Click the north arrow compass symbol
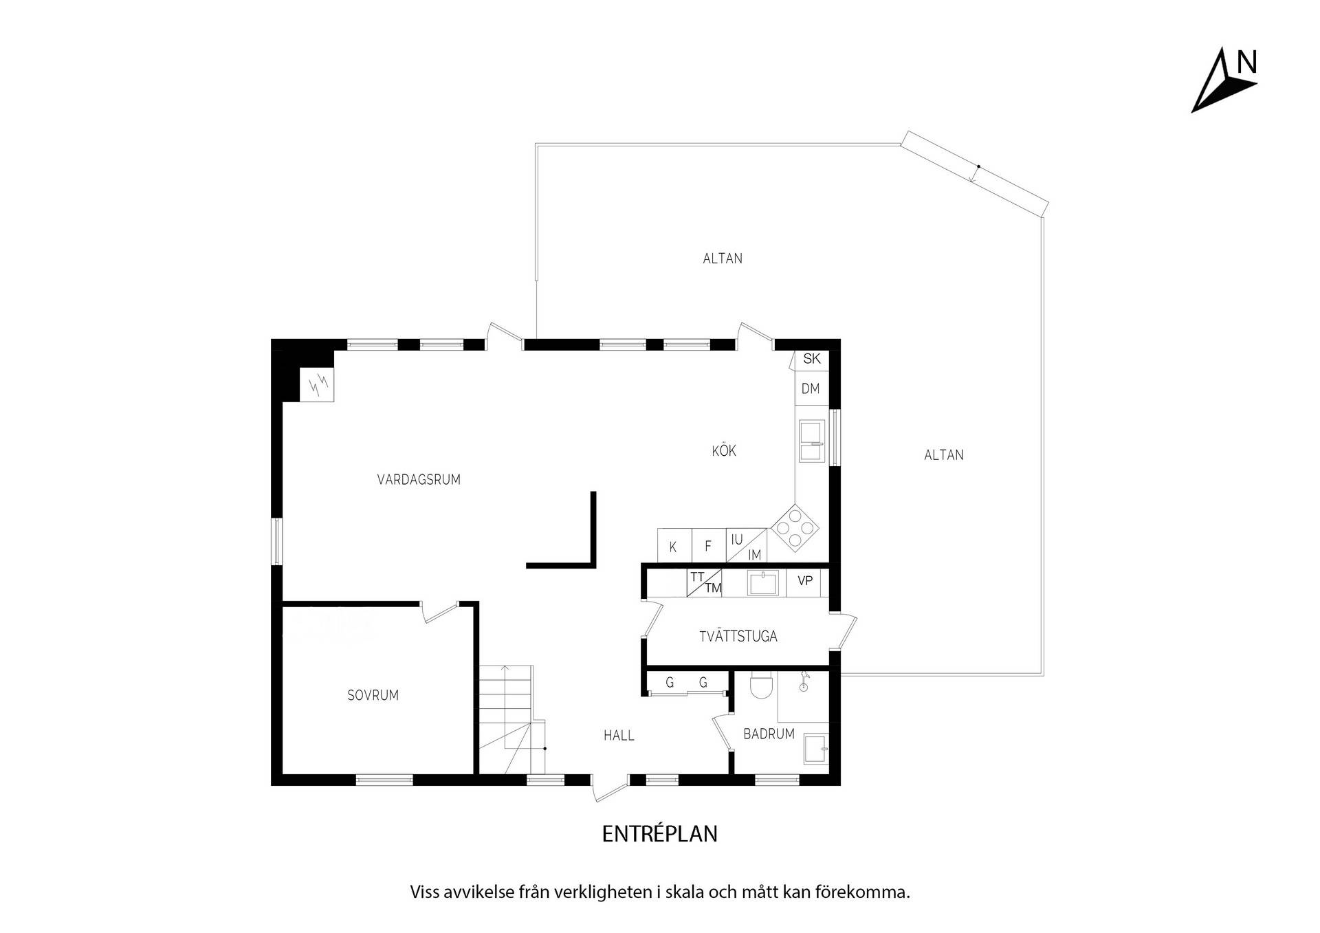pos(1224,80)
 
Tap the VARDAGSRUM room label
pos(419,480)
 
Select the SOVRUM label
pos(373,695)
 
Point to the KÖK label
pos(724,450)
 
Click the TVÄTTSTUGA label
pos(738,636)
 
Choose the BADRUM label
pos(769,734)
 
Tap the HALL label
pos(619,736)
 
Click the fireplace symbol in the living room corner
pos(318,384)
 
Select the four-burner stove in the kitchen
pos(795,528)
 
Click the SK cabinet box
pos(812,359)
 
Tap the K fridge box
pos(674,546)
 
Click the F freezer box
pos(709,546)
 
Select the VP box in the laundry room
pos(804,582)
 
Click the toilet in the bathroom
pos(762,684)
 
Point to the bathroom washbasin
pos(816,748)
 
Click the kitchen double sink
pos(812,441)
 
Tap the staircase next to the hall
pos(511,719)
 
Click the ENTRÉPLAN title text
pos(660,834)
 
